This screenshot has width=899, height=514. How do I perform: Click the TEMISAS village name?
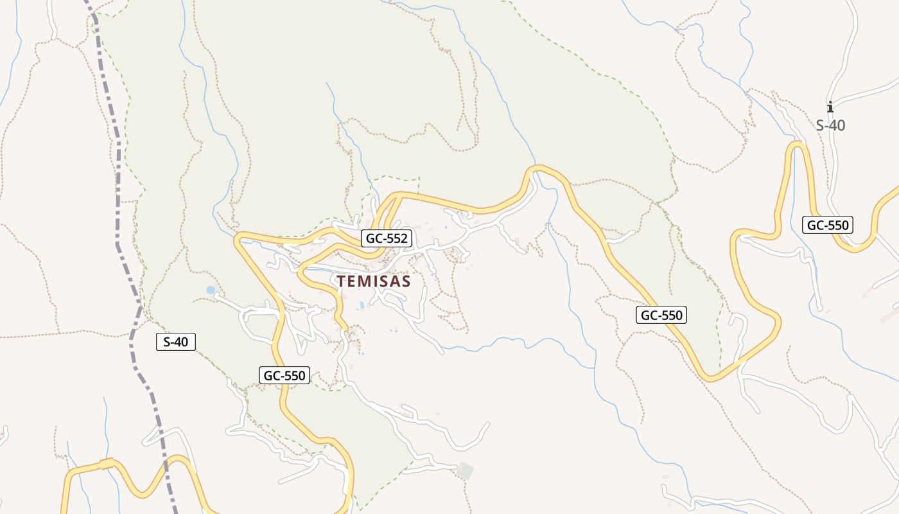tap(374, 281)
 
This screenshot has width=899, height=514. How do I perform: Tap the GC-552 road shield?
tap(387, 238)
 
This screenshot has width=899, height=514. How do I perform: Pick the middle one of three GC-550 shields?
tap(661, 315)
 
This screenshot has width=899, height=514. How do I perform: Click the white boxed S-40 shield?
tap(175, 342)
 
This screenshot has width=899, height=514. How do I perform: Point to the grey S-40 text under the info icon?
tap(830, 125)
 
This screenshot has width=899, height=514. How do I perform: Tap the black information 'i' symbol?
tap(830, 107)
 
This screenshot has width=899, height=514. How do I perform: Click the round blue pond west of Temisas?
tap(211, 290)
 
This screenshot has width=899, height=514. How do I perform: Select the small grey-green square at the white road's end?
tap(465, 471)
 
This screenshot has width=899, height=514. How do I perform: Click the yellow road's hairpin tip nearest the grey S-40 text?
tap(797, 145)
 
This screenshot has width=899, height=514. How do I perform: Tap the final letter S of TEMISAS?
tap(406, 281)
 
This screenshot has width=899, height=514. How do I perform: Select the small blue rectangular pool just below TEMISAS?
tap(361, 305)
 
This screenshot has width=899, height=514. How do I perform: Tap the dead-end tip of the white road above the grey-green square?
tap(488, 423)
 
